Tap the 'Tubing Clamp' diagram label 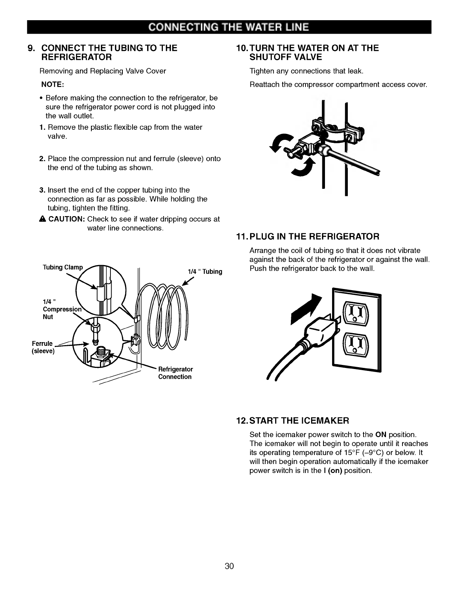[x=63, y=267]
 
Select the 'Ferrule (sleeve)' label [x=43, y=347]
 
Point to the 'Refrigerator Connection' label [x=175, y=373]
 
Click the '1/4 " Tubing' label [x=205, y=271]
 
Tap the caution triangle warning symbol [x=43, y=219]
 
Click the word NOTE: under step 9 [x=52, y=85]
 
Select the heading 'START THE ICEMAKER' [x=299, y=421]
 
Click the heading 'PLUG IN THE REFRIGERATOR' [x=314, y=236]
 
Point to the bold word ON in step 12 [x=381, y=435]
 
